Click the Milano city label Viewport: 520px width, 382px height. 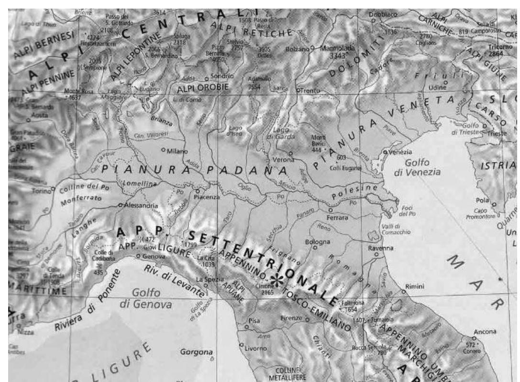(x=177, y=151)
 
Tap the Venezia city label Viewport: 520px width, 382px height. (x=398, y=152)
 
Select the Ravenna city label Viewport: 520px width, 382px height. (x=380, y=248)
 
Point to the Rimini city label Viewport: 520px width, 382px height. (x=415, y=285)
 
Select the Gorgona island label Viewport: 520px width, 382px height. (x=196, y=352)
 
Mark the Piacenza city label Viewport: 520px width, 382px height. (x=207, y=196)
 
